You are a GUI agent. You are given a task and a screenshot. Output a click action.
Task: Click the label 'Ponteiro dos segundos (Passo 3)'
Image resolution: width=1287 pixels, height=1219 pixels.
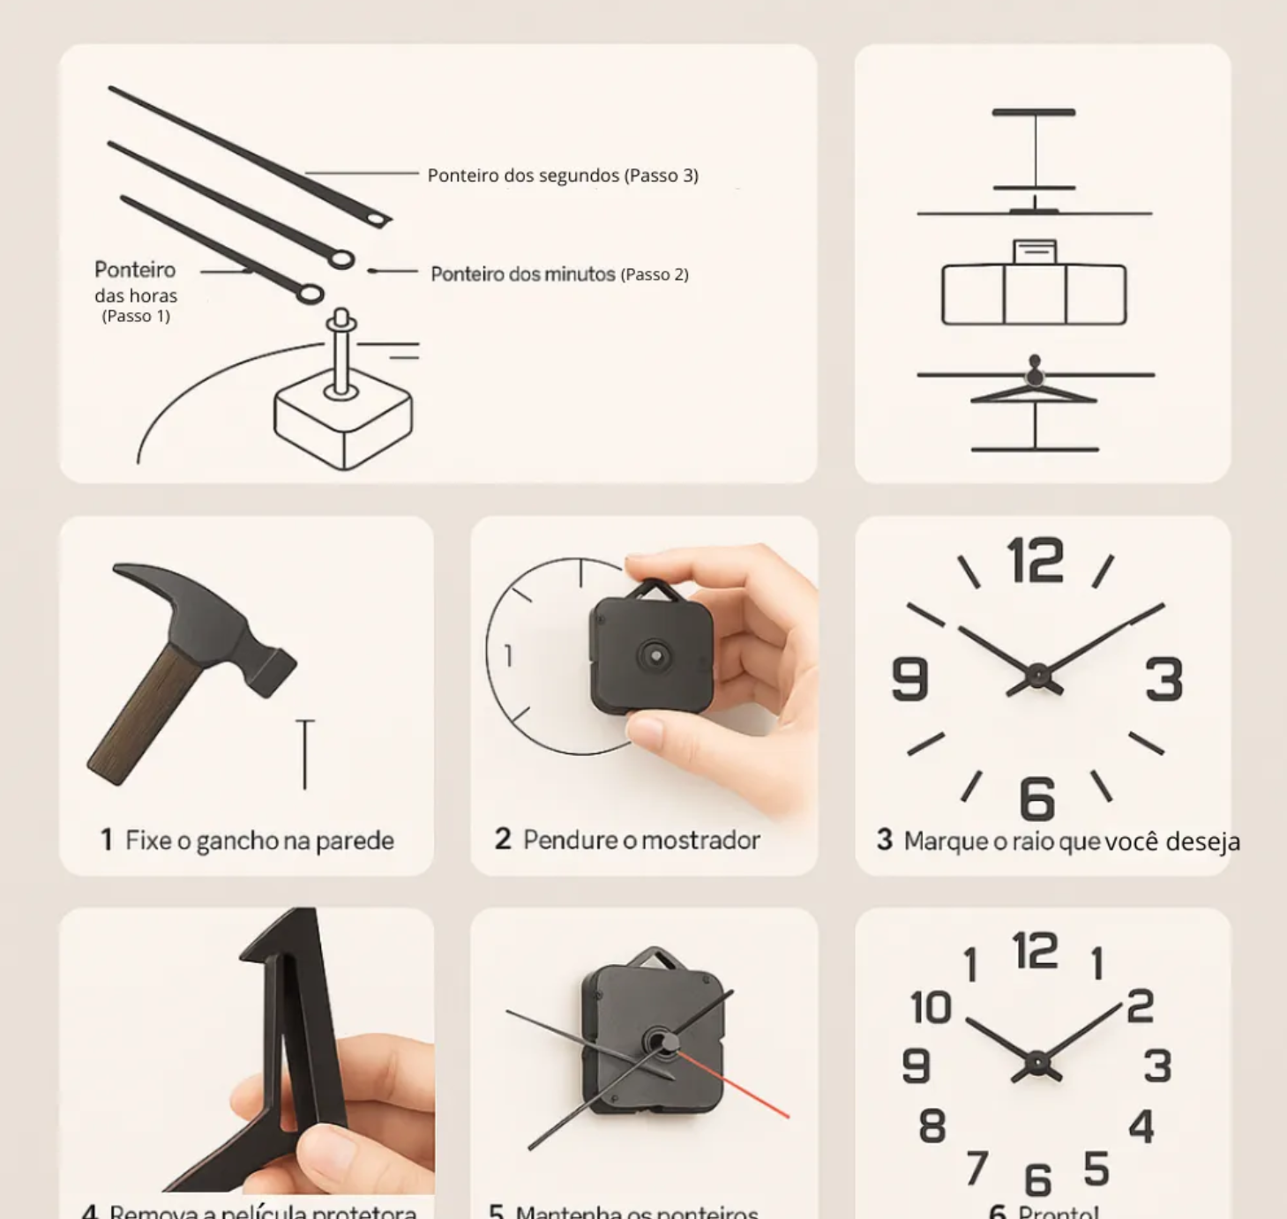[563, 176]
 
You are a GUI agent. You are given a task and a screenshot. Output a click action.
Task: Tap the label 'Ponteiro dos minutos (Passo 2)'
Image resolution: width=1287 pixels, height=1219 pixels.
[559, 274]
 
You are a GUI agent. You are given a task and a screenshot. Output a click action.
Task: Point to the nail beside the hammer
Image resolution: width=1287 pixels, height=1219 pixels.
[305, 754]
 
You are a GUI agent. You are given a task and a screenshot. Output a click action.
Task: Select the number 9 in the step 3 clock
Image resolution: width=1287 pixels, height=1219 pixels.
[910, 679]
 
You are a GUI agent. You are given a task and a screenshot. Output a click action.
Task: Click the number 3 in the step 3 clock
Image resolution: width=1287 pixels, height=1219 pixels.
[1164, 679]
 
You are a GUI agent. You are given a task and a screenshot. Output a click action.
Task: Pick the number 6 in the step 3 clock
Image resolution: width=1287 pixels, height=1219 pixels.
[1037, 798]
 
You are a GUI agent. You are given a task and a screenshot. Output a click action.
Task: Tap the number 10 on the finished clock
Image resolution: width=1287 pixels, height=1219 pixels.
[931, 1007]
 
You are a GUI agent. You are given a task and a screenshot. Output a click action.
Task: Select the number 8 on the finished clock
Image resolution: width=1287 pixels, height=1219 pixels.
[932, 1126]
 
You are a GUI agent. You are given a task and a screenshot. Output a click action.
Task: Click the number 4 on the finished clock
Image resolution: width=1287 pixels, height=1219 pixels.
[1141, 1126]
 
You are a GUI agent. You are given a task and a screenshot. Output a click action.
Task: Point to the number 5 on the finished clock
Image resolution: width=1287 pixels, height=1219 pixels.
[1096, 1169]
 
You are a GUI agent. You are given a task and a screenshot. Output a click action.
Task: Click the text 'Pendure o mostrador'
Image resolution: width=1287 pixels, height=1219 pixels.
[640, 840]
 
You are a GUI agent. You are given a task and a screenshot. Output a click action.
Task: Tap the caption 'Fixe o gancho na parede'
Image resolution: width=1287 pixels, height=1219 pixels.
[258, 841]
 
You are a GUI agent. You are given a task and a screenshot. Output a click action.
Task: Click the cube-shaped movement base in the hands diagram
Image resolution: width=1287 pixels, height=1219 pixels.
[342, 423]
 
